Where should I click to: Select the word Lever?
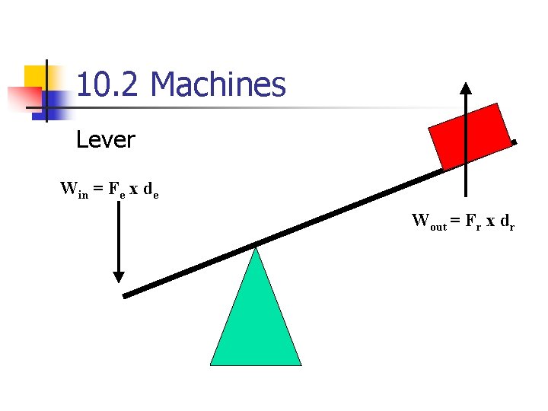point(106,140)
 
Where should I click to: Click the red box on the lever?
point(470,136)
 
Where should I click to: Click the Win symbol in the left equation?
point(73,190)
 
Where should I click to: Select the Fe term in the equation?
point(115,190)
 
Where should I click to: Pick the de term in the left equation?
point(151,190)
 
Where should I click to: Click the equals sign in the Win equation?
point(98,190)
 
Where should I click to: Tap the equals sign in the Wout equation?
point(454,222)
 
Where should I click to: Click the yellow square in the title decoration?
point(38,78)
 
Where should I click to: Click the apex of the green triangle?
point(256,248)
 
